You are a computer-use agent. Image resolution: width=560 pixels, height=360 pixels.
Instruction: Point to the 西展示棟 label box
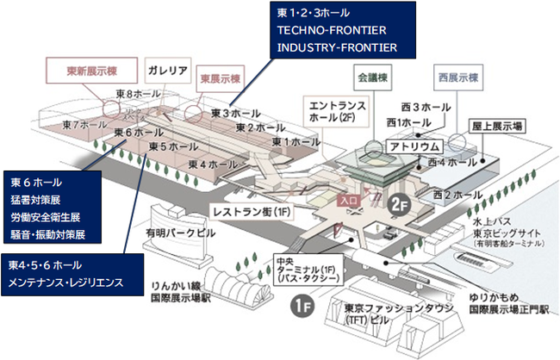(x=457, y=76)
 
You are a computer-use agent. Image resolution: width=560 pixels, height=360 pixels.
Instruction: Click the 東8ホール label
(x=135, y=93)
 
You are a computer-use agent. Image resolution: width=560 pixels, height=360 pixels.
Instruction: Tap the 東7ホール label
(x=84, y=125)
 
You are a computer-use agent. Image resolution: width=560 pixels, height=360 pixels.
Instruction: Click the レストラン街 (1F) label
(x=251, y=209)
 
